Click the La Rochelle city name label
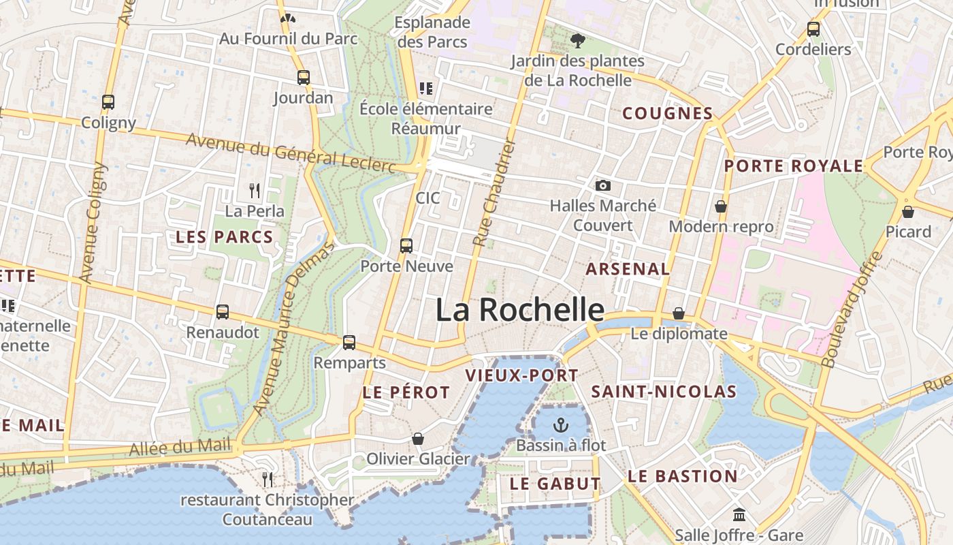point(519,310)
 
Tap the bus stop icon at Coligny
point(108,102)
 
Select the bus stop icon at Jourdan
point(304,78)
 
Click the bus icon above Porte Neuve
point(406,246)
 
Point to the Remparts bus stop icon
point(349,343)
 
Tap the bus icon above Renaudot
point(223,312)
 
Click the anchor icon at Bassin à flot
point(560,426)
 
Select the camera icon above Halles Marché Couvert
point(602,185)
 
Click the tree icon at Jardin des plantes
point(577,41)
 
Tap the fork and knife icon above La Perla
point(255,190)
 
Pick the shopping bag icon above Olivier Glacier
point(418,439)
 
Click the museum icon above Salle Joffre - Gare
point(739,515)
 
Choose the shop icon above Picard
point(907,212)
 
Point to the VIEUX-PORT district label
point(521,375)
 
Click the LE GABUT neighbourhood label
point(555,484)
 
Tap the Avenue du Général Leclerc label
point(291,152)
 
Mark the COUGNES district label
point(668,114)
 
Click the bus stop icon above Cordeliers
point(813,29)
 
